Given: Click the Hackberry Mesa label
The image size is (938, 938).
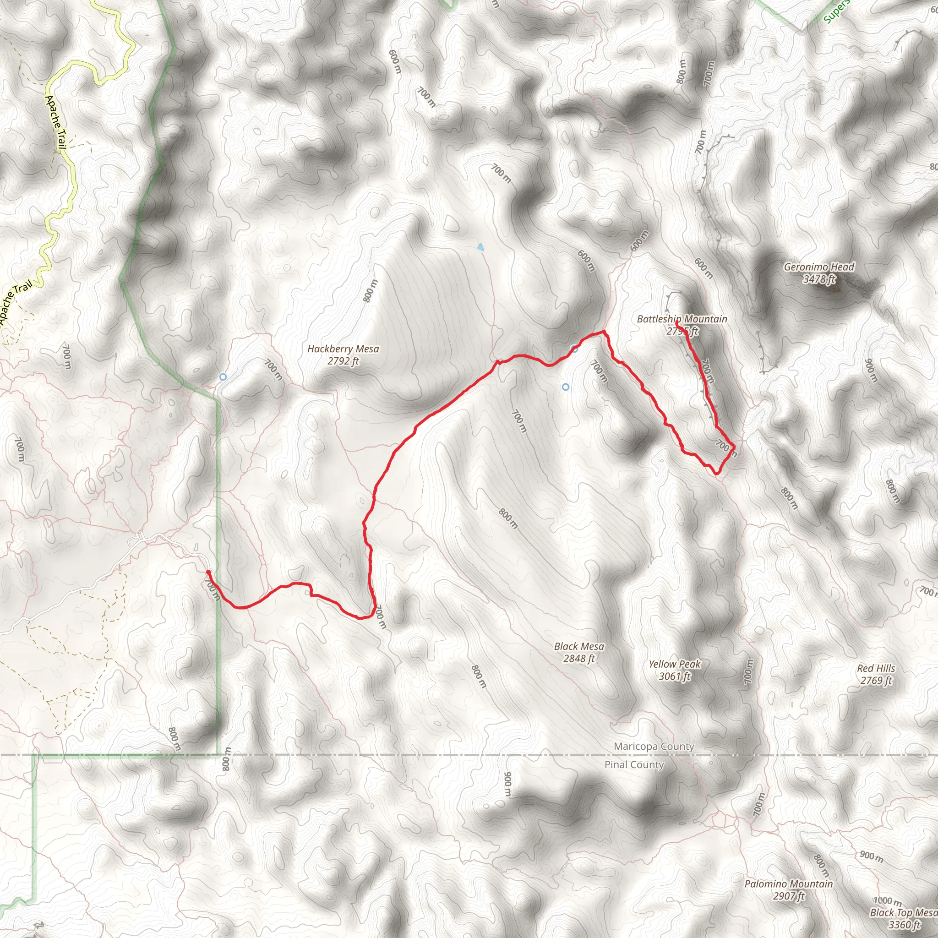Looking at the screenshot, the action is [x=343, y=349].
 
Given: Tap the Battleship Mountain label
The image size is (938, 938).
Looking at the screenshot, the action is [x=682, y=319].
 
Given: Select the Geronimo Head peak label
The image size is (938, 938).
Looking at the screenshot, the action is [x=818, y=267].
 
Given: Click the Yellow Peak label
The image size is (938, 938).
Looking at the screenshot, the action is [x=674, y=664].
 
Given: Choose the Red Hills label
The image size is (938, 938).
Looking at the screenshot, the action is [x=876, y=668].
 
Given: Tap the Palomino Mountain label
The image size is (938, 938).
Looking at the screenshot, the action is [x=789, y=883].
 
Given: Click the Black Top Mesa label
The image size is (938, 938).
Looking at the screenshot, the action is [x=903, y=912].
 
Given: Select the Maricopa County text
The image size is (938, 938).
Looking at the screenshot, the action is [x=654, y=746].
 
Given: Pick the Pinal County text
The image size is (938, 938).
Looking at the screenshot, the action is [x=633, y=765].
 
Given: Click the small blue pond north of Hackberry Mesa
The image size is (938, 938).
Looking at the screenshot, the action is [x=480, y=247].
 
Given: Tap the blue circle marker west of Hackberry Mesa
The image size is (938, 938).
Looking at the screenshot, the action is [x=223, y=377].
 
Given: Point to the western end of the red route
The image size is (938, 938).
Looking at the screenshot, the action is [x=208, y=572].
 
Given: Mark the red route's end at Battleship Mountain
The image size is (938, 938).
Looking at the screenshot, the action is [x=677, y=322].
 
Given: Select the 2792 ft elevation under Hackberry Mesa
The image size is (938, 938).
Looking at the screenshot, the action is [x=343, y=361].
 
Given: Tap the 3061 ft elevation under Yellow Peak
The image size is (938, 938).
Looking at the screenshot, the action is [x=674, y=676].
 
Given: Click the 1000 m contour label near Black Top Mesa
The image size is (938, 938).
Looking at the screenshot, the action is [x=887, y=901].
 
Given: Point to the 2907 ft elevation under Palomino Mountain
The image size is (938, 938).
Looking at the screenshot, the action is [x=789, y=896].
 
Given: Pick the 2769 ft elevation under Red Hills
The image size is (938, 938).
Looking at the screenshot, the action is [x=876, y=680].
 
